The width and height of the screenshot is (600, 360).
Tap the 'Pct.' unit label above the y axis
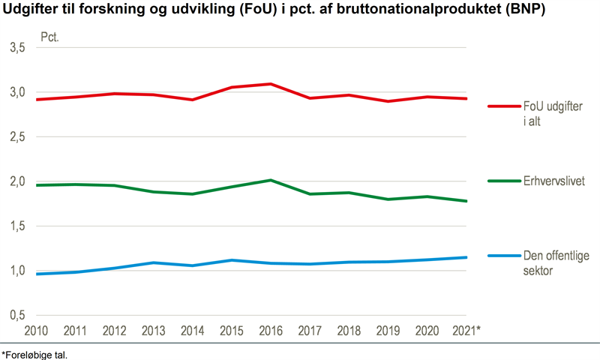coord(50,35)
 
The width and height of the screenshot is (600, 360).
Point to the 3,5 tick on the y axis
coord(17,48)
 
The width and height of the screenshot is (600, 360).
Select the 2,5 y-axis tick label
coord(17,137)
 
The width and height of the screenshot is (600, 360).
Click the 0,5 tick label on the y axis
coord(17,315)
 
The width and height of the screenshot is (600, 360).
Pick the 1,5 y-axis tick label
coord(17,226)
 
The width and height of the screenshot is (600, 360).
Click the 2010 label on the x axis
coord(36,331)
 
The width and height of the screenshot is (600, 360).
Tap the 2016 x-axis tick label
coord(271,331)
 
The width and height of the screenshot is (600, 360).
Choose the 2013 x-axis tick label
coord(154,331)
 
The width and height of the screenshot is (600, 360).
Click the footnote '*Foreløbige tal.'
coord(35,353)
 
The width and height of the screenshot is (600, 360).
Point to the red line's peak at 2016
coord(271,84)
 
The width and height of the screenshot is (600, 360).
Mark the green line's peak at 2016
coord(271,180)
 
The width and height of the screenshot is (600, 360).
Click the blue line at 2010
coord(36,274)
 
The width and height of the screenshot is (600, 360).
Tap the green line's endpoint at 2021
coord(466,201)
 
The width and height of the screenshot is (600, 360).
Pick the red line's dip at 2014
coord(193,100)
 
